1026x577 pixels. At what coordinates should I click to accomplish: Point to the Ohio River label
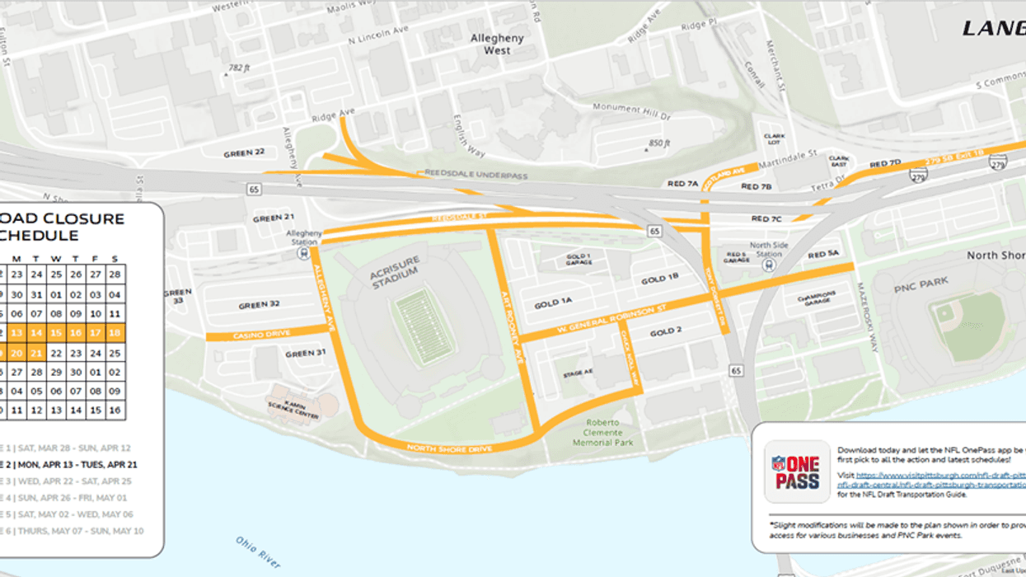(257, 551)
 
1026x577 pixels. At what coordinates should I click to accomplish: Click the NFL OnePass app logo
(796, 471)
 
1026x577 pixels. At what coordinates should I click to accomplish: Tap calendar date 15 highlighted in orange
(56, 333)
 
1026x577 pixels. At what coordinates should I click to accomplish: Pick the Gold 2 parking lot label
(666, 332)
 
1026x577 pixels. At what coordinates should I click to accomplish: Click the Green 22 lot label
(245, 153)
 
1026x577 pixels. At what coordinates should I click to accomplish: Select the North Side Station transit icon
(769, 265)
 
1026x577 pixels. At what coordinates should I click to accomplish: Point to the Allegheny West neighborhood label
(496, 44)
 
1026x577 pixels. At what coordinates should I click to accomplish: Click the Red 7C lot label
(766, 219)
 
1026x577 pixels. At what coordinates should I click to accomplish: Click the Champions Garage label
(816, 296)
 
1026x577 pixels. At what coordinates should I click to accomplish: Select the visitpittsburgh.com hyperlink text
(939, 475)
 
